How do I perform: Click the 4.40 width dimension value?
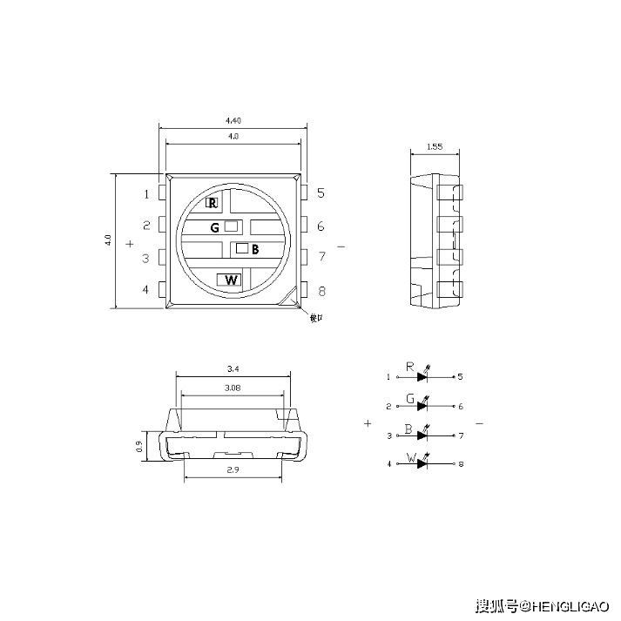pos(233,119)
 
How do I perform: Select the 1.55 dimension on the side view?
pos(435,147)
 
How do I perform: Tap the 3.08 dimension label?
pos(232,388)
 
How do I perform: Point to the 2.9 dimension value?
pos(232,470)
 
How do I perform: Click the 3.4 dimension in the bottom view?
pos(233,368)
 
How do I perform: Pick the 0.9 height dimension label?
pos(139,446)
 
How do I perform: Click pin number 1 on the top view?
pos(147,194)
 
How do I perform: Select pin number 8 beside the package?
pos(321,292)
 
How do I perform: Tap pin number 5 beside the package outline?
pos(321,193)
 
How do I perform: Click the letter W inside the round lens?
pos(231,280)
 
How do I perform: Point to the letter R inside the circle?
pos(212,203)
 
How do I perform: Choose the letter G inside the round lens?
pos(214,227)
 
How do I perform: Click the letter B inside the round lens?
pos(255,250)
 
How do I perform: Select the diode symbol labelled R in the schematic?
pos(423,377)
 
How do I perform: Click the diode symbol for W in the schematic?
pos(423,463)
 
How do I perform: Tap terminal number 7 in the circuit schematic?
pos(461,435)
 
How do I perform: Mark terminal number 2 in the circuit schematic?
pos(388,406)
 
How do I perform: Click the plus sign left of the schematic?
pos(368,423)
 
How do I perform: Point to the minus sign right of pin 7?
pos(341,247)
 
